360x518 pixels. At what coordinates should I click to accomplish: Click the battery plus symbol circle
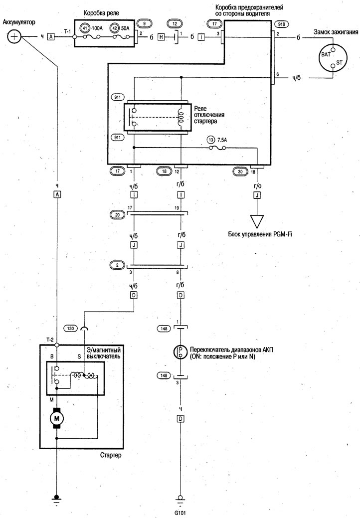pos(13,36)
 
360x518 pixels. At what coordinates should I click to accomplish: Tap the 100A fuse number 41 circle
pos(85,28)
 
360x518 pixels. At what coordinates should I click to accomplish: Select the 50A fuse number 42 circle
pos(114,28)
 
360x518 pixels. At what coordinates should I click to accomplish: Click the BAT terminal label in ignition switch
pos(326,54)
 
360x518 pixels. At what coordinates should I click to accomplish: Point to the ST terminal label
pos(339,62)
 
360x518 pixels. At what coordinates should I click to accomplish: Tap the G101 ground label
pos(180,513)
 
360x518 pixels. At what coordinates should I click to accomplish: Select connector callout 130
pos(71,329)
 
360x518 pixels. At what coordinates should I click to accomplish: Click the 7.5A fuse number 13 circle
pos(211,140)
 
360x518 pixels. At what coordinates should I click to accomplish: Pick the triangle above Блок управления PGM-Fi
pos(257,220)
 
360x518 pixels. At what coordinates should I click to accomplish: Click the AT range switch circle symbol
pos(180,352)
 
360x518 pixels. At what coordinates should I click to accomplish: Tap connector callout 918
pos(281,24)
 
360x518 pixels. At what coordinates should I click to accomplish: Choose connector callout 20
pos(117,215)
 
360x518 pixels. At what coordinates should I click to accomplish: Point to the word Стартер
pos(111,455)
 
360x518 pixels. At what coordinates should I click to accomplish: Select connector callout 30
pos(240,172)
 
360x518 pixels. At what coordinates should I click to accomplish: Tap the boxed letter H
pos(161,37)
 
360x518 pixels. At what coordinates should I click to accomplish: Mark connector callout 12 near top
pos(175,24)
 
